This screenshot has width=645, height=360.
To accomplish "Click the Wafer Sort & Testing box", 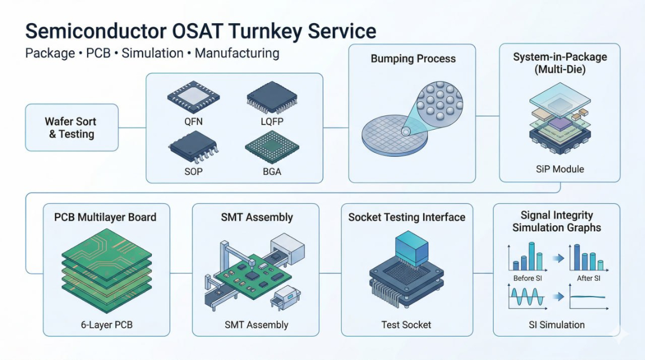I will (71, 128).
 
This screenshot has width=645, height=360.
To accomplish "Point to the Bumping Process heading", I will (413, 59).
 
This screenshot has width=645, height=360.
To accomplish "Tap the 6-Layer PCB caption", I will (107, 325).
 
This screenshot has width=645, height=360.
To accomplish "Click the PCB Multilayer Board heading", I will (105, 217).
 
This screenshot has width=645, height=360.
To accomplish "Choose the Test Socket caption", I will (406, 325).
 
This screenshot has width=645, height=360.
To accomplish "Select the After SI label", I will (588, 278).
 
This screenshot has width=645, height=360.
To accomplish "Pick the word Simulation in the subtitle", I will (152, 54).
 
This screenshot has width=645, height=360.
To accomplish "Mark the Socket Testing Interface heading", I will (407, 217).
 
